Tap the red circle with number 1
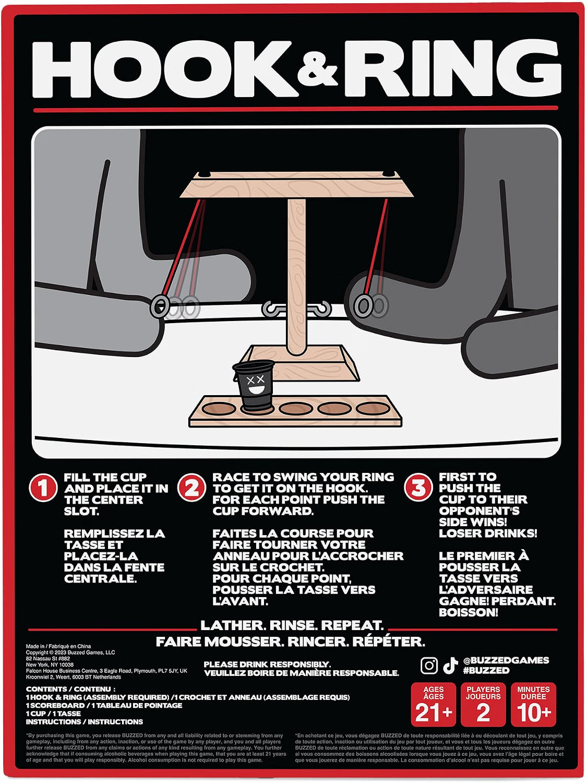click(43, 488)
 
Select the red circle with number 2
click(191, 488)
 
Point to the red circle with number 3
click(418, 487)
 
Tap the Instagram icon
click(429, 665)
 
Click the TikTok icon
click(450, 665)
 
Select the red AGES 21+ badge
click(434, 705)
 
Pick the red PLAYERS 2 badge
click(483, 705)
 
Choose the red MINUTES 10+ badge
click(534, 705)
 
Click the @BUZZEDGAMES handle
click(506, 660)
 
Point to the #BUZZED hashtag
click(486, 670)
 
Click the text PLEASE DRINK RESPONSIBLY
click(267, 664)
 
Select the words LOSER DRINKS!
click(488, 533)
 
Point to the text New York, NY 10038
click(50, 665)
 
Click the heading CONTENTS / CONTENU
click(70, 689)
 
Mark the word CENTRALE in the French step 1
click(101, 578)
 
